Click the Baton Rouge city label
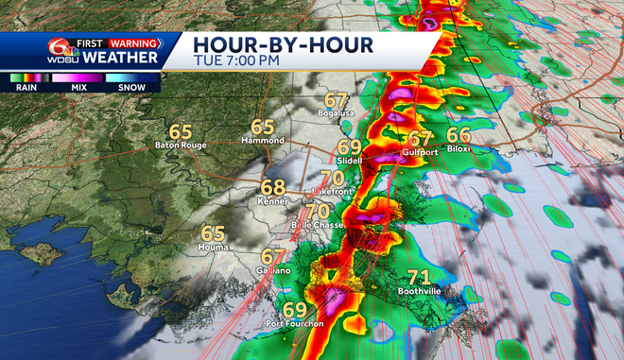(179, 146)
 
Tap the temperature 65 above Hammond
(263, 128)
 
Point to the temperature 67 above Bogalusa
(336, 100)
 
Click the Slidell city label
(349, 161)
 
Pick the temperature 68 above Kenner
(273, 188)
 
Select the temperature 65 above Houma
(213, 232)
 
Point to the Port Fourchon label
(294, 324)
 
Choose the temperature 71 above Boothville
(419, 277)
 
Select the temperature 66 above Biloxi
(459, 135)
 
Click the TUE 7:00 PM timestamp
(236, 60)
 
